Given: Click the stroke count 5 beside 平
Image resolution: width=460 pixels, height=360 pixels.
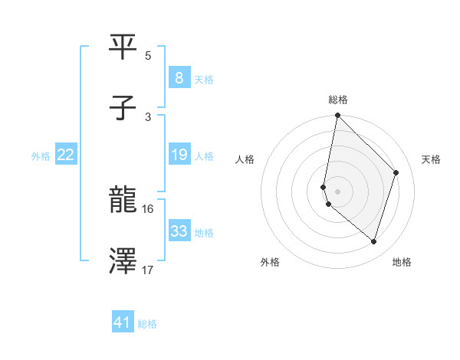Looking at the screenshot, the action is coord(147,56).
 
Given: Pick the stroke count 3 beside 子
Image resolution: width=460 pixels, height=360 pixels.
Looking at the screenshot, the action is coord(147,116).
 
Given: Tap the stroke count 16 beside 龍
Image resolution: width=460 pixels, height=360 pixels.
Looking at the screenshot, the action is coord(148,208).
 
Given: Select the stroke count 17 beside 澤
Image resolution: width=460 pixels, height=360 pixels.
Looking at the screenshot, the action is coord(148,270).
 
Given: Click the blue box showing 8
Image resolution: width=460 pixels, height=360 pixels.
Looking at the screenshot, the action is coord(179,78).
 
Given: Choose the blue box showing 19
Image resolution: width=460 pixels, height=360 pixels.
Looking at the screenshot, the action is coord(179,155).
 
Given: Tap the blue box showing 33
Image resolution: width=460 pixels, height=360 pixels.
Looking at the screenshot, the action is coord(179,231).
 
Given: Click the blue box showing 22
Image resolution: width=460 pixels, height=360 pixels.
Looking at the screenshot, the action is coord(65,155).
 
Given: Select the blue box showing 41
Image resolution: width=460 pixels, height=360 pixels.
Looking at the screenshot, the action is coord(122,322).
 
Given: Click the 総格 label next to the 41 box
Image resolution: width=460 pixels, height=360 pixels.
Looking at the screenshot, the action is coord(147,324).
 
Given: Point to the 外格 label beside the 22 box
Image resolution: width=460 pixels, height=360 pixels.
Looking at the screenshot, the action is coord(41,156).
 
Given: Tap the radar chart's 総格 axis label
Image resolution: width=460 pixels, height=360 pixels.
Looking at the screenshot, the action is coord(338,100).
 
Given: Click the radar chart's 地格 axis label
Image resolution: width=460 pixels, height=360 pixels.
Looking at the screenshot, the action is coord(402,262).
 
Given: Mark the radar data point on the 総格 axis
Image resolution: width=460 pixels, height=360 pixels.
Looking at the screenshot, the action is coord(337,116).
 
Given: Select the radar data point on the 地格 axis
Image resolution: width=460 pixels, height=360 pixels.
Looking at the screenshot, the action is coord(373,241).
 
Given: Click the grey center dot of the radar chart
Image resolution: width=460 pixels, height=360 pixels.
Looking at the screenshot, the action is coord(337,191).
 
